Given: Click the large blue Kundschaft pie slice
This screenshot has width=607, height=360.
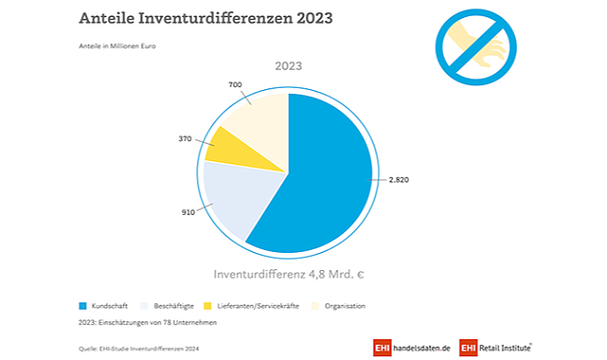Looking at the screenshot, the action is (321, 174).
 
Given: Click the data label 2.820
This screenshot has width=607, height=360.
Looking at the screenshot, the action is (399, 180).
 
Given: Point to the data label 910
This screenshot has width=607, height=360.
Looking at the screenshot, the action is (188, 212).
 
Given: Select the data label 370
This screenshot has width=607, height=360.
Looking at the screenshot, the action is (185, 138).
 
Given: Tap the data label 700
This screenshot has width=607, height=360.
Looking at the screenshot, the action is (235, 84).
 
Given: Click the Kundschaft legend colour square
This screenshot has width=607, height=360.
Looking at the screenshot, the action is (82, 306).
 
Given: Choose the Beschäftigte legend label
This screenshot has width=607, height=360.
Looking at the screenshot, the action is (173, 306).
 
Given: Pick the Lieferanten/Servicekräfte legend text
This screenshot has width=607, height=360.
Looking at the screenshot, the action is (259, 306).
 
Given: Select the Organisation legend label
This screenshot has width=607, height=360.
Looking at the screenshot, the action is (345, 306).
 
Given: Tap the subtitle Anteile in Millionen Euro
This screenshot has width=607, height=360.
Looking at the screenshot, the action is (117, 46).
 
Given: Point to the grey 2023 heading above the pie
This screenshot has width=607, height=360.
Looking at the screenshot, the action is (289, 65).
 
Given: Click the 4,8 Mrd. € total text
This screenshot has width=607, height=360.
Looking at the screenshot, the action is (336, 275).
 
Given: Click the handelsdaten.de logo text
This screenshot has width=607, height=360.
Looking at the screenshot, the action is (421, 348).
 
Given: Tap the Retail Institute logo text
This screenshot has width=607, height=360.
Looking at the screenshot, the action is (505, 348).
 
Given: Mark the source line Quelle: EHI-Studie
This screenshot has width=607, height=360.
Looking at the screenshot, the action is (139, 349).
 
